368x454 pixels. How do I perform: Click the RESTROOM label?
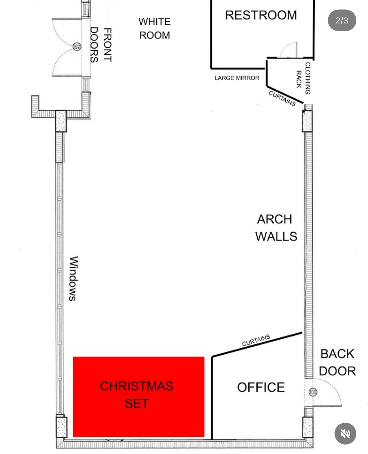[261, 15]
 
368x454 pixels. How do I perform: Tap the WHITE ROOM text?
[154, 28]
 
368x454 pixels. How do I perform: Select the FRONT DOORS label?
[101, 45]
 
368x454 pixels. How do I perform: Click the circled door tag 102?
[77, 47]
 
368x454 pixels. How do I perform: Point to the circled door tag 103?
[313, 392]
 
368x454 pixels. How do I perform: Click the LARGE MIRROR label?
[237, 78]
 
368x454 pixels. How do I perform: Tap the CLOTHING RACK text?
[303, 78]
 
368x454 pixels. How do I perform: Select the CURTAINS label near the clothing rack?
[282, 98]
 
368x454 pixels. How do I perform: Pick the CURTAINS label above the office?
[256, 340]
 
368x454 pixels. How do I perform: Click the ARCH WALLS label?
[276, 228]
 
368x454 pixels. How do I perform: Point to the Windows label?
[74, 279]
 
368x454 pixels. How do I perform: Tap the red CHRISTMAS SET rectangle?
[139, 397]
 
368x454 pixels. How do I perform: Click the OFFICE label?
[261, 387]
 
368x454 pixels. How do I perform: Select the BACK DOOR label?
[337, 362]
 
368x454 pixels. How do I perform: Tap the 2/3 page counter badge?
[342, 20]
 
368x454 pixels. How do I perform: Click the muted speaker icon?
[345, 434]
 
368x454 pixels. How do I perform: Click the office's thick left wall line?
[212, 398]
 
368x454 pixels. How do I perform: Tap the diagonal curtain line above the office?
[257, 344]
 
